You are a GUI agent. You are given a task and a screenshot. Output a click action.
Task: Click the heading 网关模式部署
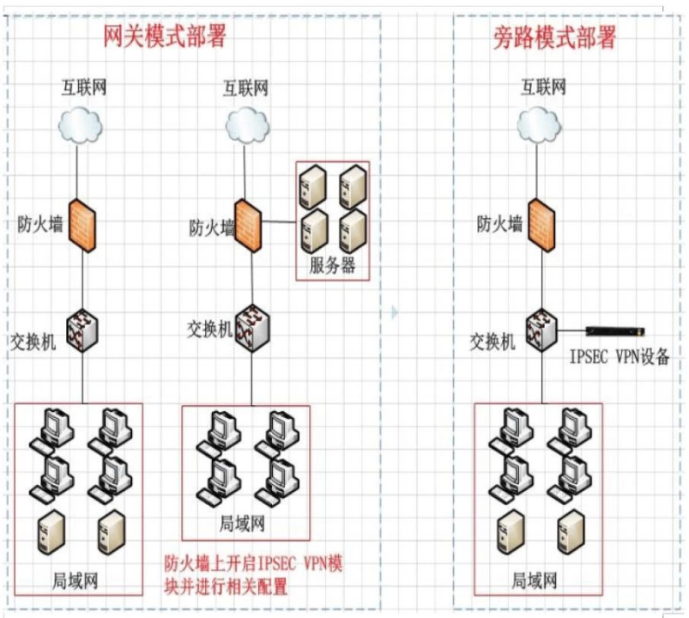[164, 37]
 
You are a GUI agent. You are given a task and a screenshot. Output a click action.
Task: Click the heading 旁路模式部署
[555, 37]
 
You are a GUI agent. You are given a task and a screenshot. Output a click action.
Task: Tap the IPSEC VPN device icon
[614, 330]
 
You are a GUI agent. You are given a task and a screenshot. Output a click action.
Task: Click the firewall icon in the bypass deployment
[541, 225]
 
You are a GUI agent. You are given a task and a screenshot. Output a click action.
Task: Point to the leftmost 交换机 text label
[33, 342]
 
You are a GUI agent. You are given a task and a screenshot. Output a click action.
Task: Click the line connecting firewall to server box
[279, 221]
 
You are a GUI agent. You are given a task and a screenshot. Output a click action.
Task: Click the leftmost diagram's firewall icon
[81, 225]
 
